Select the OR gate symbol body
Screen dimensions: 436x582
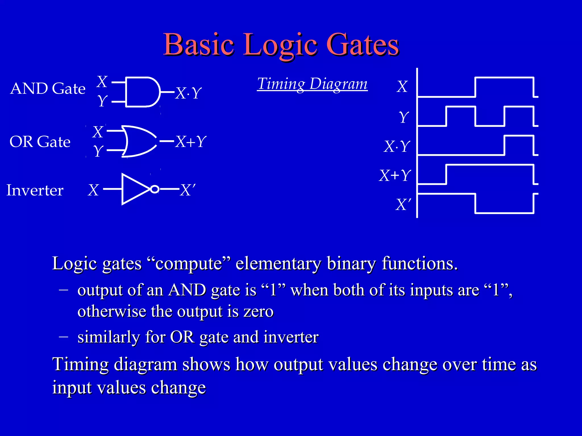138,141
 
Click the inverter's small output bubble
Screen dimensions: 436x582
155,189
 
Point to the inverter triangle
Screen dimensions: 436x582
134,189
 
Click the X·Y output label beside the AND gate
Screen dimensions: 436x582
188,93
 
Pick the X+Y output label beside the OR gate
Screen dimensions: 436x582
191,141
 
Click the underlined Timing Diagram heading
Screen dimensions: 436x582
312,84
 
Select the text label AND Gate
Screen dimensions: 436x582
48,89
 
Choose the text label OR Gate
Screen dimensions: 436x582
40,142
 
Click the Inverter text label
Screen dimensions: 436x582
35,190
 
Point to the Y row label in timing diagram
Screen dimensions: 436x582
404,117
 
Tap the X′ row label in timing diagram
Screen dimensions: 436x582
403,204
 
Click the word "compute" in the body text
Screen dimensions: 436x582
189,263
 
